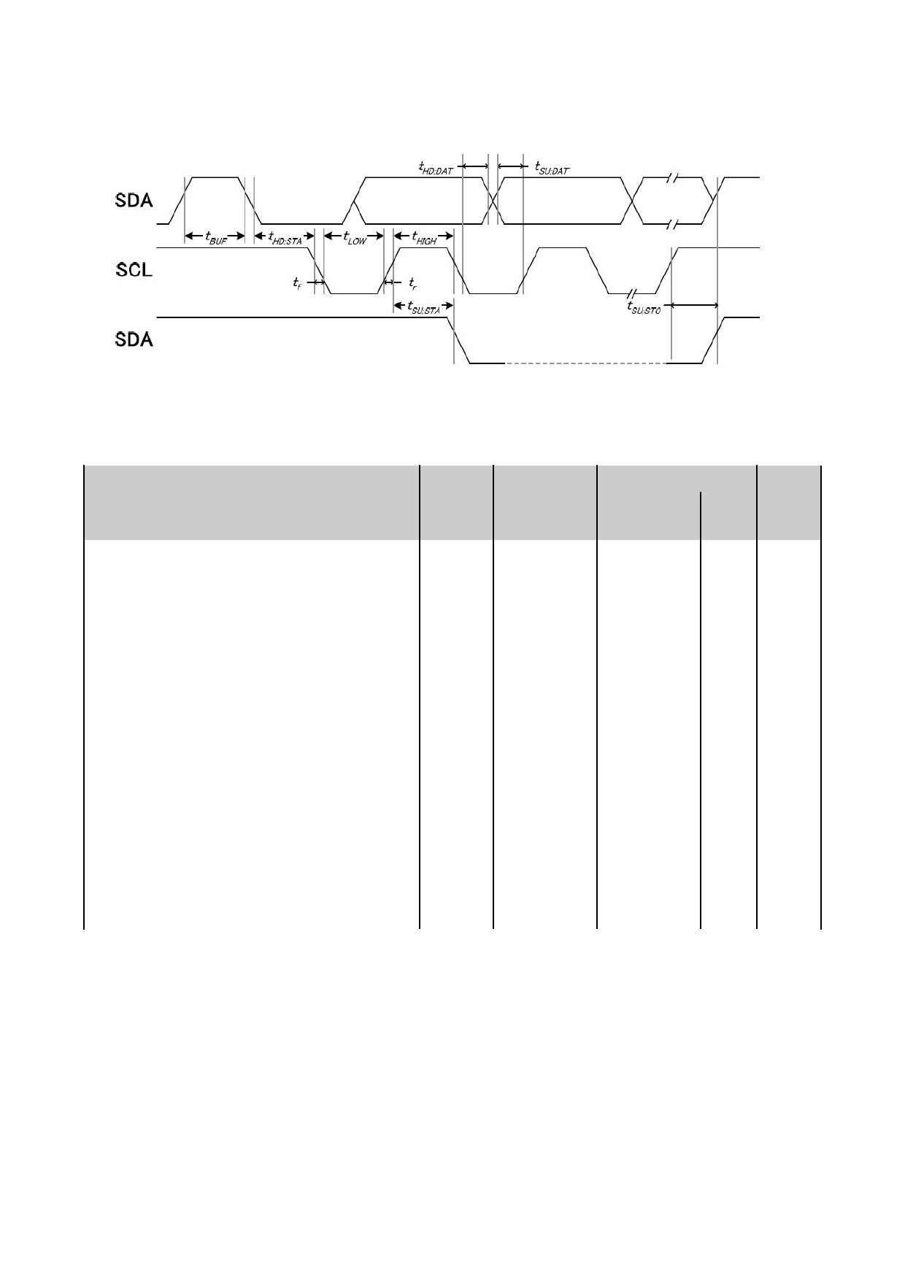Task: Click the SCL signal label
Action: [x=134, y=270]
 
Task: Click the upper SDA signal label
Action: [x=134, y=200]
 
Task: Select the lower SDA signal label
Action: [x=134, y=339]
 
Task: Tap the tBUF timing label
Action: [x=215, y=238]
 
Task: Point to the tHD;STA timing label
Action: [x=285, y=238]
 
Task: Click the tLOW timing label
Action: [x=355, y=238]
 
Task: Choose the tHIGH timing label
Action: [x=424, y=238]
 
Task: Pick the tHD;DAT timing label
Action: [x=436, y=169]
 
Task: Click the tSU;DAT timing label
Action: [x=552, y=169]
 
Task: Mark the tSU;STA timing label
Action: [x=424, y=307]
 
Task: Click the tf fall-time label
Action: [x=297, y=282]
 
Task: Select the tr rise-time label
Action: [x=413, y=282]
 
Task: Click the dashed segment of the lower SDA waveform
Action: [x=585, y=363]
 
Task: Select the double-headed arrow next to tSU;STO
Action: [x=694, y=305]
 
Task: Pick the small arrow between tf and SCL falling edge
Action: [x=316, y=282]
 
